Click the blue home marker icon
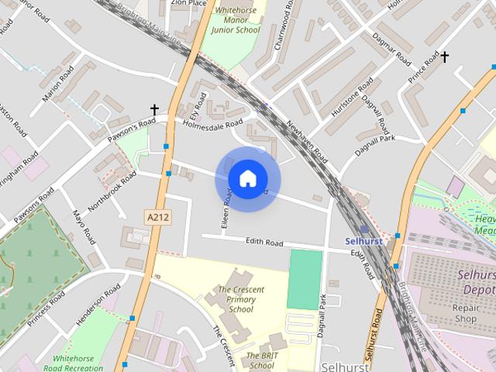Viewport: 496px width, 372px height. (x=247, y=179)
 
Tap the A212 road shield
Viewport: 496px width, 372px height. (x=156, y=219)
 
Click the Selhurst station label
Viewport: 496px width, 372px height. (x=363, y=241)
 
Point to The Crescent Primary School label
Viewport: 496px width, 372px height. (x=241, y=299)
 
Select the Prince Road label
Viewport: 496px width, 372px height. (x=423, y=69)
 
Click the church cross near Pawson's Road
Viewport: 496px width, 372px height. (x=154, y=110)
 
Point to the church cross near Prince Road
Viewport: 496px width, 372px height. (x=445, y=57)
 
